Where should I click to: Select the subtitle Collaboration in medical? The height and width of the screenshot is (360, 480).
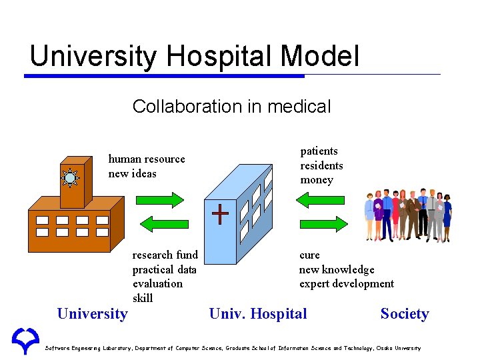coord(231,107)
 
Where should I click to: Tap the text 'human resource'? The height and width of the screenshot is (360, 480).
coord(147,159)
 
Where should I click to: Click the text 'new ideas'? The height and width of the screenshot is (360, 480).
coord(133,174)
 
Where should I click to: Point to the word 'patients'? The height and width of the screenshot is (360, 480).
coord(319,151)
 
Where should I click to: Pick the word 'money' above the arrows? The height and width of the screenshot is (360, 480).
coord(317,180)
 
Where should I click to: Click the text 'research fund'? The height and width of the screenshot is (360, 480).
coord(165,255)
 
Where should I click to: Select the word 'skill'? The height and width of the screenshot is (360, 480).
coord(143,298)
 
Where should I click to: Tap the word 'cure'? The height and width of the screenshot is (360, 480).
coord(309,255)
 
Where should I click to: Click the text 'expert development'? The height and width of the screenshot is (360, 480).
coord(347,284)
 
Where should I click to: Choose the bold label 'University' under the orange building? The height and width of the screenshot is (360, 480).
coord(93,314)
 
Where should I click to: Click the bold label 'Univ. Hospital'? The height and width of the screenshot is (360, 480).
coord(258,314)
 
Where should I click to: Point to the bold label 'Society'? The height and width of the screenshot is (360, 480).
coord(405,314)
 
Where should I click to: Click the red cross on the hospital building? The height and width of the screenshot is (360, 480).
coord(220,213)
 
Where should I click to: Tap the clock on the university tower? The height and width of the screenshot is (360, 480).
coord(70,178)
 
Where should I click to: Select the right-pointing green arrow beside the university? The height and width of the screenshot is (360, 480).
coord(159,199)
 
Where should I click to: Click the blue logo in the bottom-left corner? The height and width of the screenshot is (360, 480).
coord(25,341)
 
